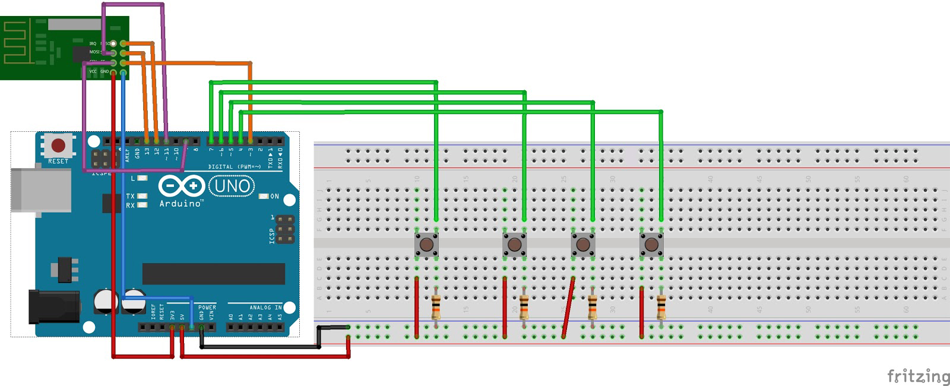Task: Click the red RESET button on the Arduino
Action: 58,145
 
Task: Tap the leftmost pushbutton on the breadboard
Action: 426,244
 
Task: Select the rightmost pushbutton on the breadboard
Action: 651,244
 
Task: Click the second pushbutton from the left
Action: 514,244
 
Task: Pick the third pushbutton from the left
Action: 583,244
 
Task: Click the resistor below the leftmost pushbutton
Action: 436,308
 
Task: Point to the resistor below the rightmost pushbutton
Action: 661,308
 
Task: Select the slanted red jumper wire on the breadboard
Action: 568,308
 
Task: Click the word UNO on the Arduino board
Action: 232,186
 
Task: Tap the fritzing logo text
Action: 918,376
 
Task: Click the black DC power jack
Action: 53,306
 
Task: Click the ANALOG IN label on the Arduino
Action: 265,308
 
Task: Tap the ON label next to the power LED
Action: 274,197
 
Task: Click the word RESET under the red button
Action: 58,162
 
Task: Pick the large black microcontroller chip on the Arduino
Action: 213,274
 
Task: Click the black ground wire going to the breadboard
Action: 261,346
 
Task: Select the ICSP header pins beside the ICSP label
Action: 285,230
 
